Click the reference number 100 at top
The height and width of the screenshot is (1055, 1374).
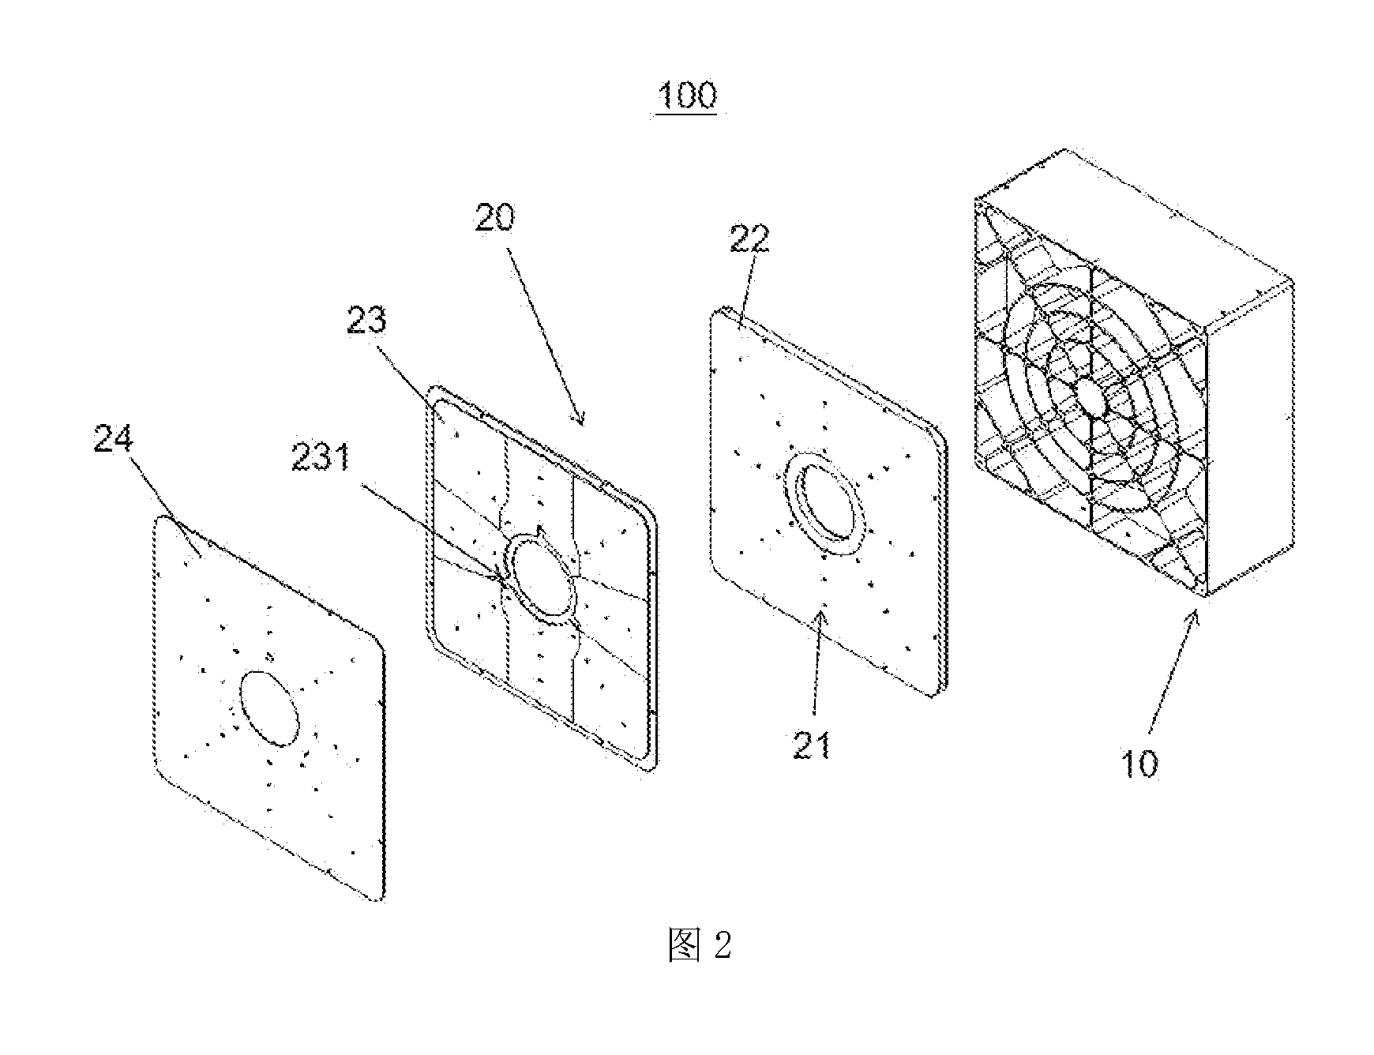(686, 95)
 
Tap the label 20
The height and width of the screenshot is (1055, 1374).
(495, 216)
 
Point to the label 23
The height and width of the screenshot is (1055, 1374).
(367, 319)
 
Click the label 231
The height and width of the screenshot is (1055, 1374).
(321, 458)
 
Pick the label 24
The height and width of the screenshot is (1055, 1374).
(114, 439)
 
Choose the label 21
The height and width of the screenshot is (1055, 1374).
(812, 745)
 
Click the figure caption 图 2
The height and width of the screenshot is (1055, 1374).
(700, 944)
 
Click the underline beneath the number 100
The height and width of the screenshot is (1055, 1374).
(686, 115)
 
